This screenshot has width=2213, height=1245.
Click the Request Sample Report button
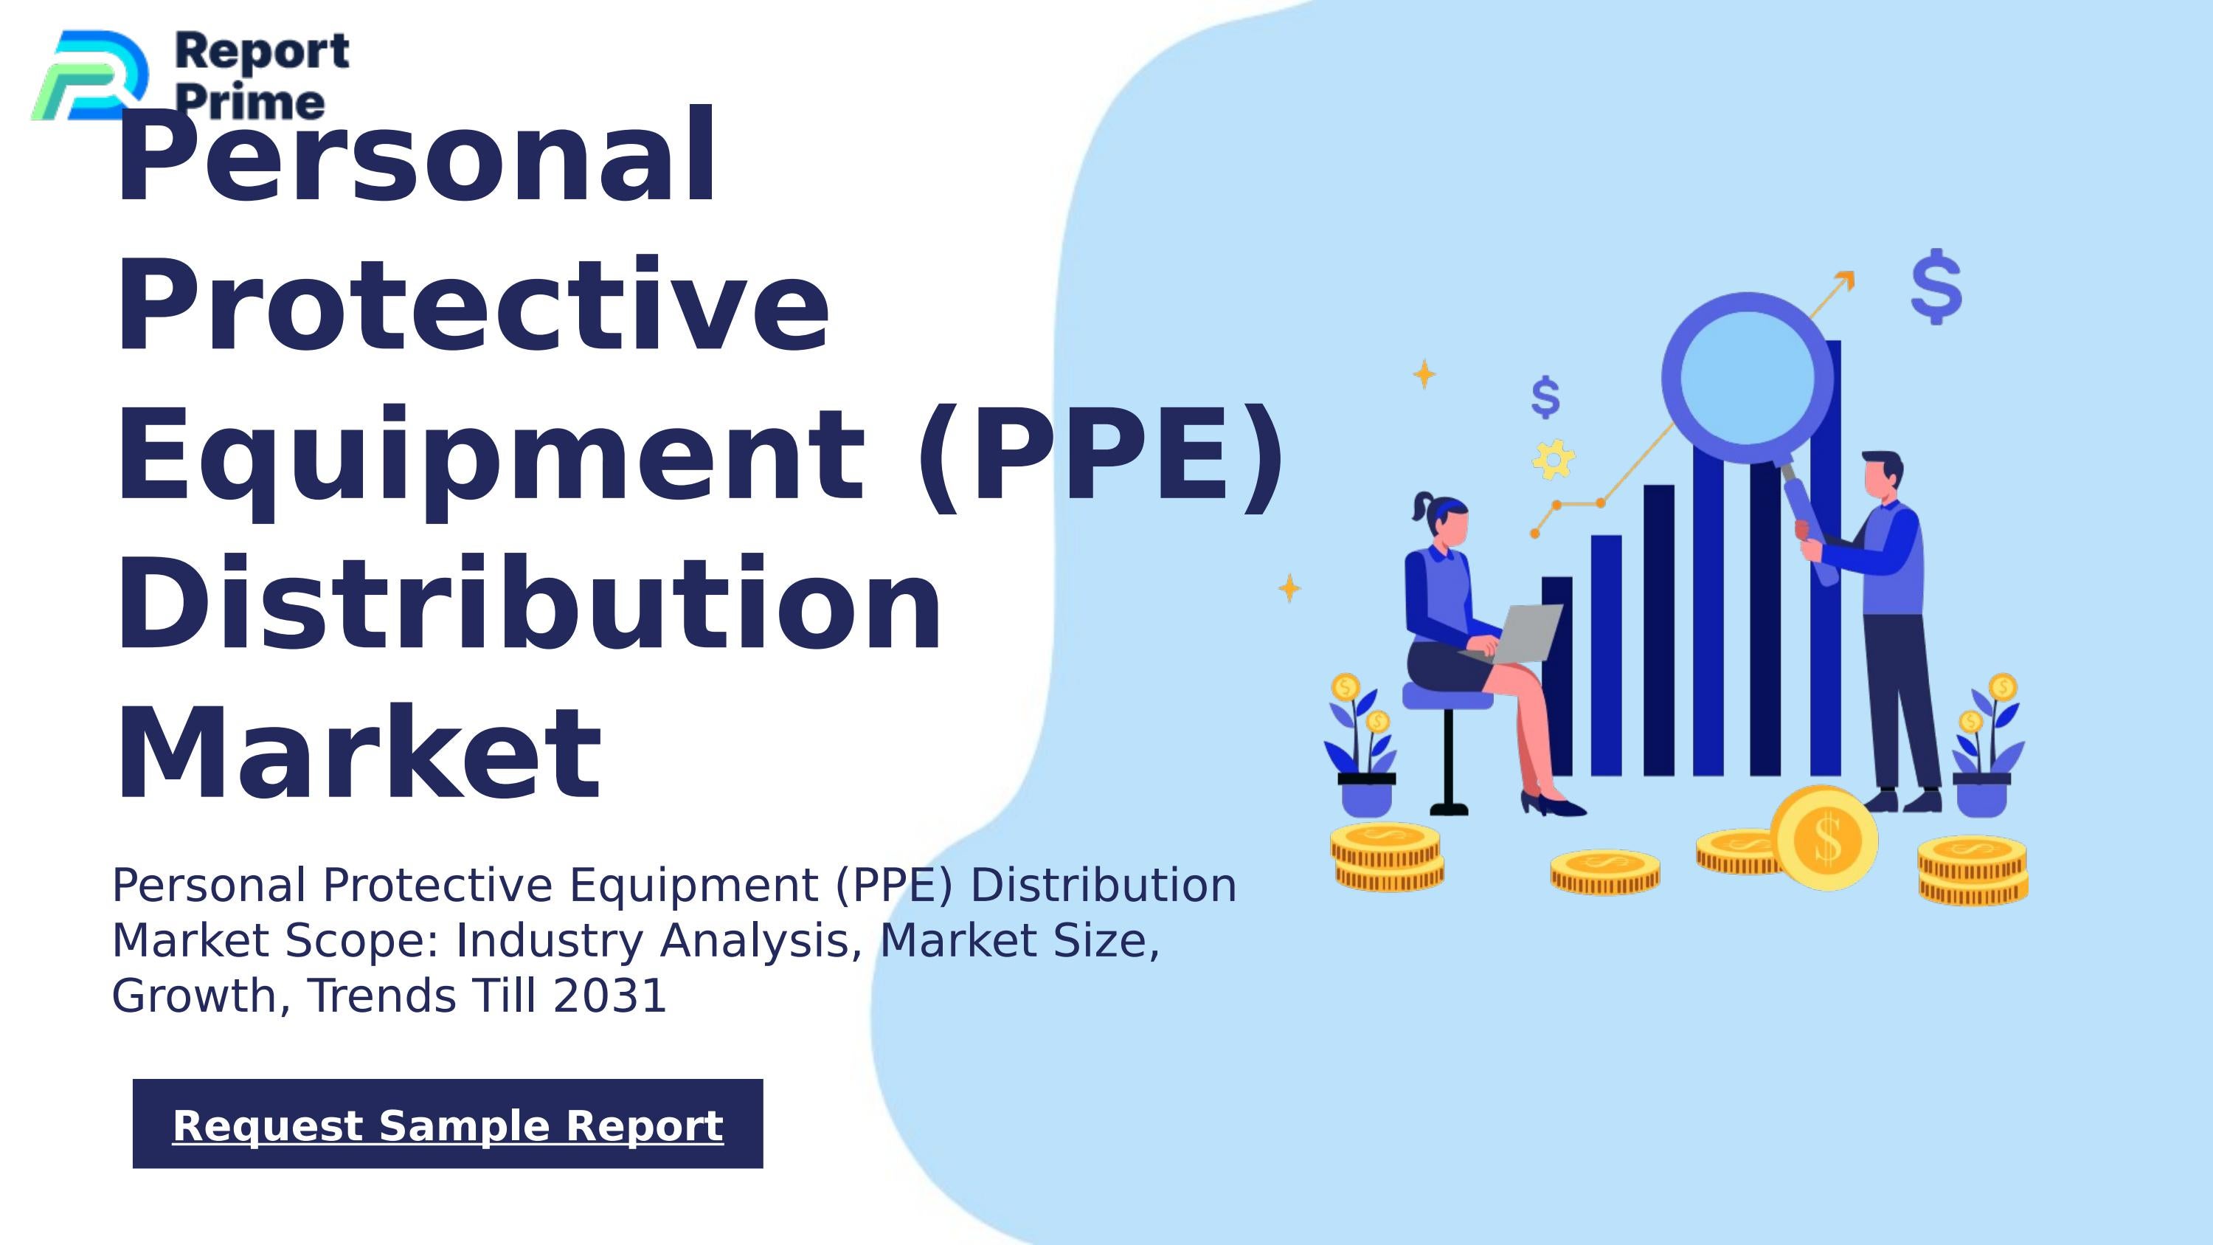448,1124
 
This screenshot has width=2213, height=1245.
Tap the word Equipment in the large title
490,455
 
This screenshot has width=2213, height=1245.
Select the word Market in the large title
359,754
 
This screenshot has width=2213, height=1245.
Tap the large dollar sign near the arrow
1936,287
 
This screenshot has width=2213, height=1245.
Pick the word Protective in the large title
473,307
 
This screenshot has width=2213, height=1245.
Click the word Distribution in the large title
528,605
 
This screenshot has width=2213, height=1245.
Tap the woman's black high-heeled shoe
1554,805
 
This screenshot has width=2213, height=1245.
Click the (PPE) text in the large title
1100,455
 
